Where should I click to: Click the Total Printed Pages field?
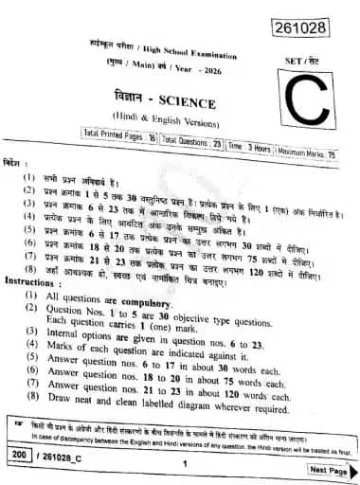pos(120,136)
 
